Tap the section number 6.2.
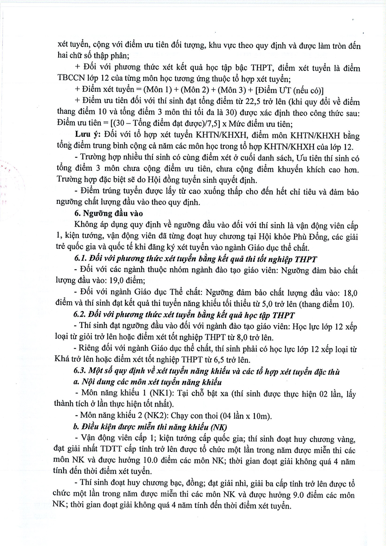pos(80,315)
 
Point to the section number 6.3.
pos(80,372)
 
